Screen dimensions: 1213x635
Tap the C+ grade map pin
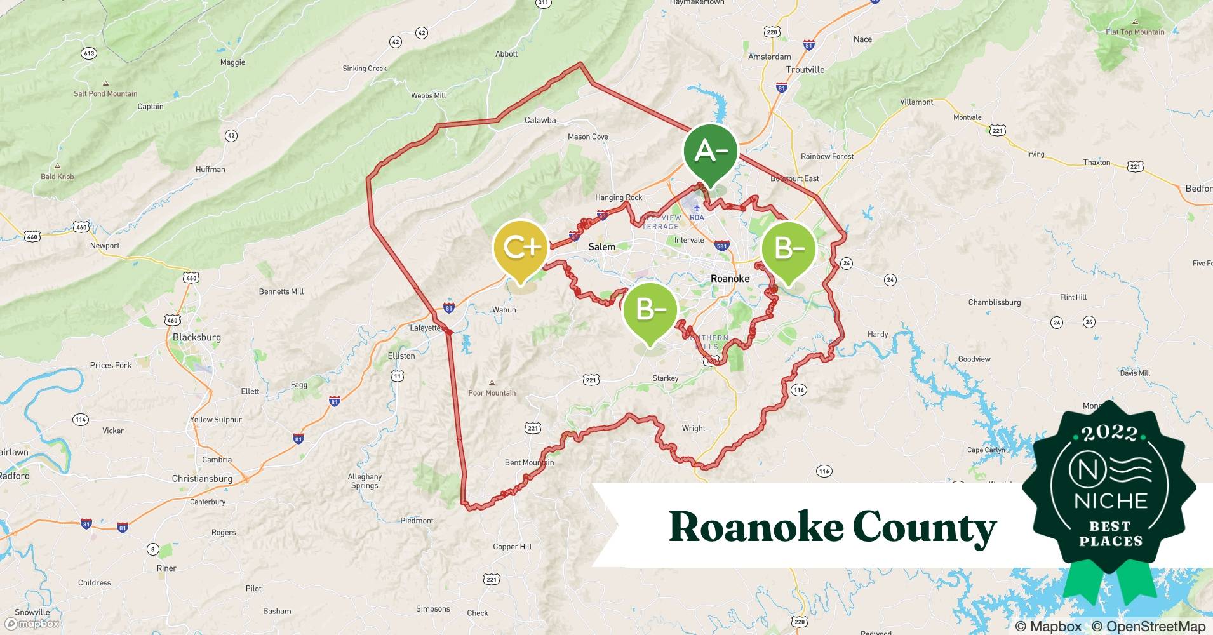521,248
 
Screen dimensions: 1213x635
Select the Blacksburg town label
197,337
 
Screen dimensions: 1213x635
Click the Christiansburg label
202,478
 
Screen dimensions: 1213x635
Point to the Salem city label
601,246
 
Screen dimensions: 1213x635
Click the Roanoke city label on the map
730,278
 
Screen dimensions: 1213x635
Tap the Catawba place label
540,120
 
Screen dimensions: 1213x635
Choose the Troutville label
805,69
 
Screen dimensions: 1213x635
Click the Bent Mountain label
529,462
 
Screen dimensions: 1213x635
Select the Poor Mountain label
492,392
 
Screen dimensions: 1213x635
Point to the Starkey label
666,378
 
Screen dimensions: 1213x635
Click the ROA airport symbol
697,208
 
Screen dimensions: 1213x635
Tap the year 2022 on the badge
1110,433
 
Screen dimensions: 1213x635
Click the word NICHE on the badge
1111,500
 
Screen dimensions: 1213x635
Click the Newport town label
105,245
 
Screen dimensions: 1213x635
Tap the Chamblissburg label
995,302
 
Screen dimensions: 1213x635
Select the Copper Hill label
513,546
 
